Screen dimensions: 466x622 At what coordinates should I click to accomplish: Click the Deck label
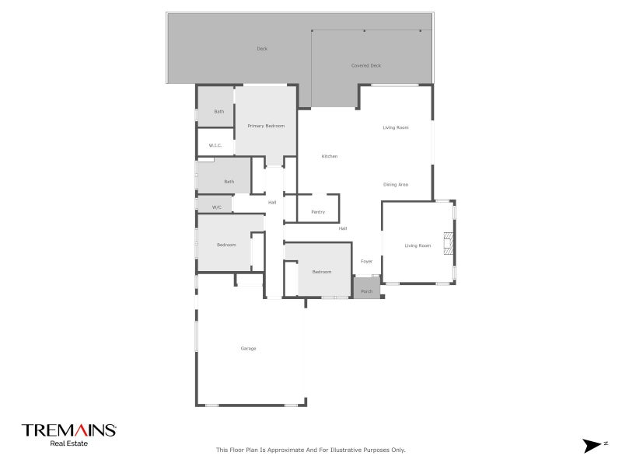[x=262, y=49]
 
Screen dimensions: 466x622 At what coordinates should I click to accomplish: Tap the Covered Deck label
[x=366, y=66]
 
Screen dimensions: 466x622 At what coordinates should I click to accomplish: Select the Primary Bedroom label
[x=266, y=126]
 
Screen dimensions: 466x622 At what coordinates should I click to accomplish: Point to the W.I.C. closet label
[x=215, y=145]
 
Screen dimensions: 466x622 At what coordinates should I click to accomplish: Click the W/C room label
[x=217, y=207]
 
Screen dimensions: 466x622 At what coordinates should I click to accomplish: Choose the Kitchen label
[x=330, y=157]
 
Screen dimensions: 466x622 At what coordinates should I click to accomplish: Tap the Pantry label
[x=317, y=212]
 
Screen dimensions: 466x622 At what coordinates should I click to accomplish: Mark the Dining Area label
[x=396, y=185]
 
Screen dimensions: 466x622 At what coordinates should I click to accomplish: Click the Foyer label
[x=366, y=262]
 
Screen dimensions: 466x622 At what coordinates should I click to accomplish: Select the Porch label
[x=367, y=292]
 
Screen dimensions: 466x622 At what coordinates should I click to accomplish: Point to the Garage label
[x=248, y=349]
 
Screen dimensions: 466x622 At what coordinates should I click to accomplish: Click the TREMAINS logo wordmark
[x=68, y=430]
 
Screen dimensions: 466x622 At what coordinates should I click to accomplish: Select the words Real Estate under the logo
[x=68, y=444]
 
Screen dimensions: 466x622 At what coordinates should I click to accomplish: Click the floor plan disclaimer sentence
[x=310, y=450]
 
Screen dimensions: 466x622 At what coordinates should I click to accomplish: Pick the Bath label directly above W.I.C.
[x=219, y=112]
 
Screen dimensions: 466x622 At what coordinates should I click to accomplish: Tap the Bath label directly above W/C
[x=229, y=182]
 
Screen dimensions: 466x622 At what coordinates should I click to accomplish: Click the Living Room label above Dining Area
[x=396, y=127]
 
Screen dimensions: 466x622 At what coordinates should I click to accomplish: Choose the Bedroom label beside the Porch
[x=322, y=272]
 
